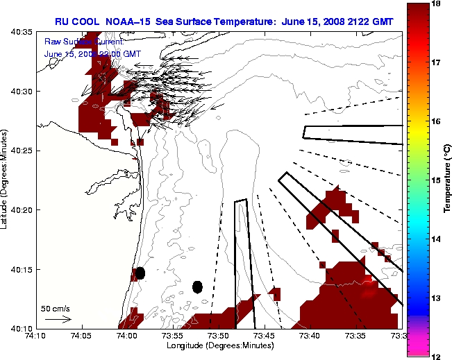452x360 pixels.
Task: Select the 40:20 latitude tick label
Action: point(22,209)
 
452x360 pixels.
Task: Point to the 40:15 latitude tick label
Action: point(22,269)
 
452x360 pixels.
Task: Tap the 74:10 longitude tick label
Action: point(35,336)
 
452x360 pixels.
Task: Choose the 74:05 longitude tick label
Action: point(81,336)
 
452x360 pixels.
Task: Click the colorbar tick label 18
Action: point(437,4)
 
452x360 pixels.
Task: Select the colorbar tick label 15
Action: point(437,180)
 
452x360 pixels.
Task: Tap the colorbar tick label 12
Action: point(437,356)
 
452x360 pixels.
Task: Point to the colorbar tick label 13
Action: point(437,298)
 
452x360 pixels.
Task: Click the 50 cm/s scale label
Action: point(56,308)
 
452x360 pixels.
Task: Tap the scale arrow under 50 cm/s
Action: point(58,319)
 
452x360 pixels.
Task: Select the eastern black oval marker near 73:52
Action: point(197,286)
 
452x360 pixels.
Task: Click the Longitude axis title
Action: point(219,345)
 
